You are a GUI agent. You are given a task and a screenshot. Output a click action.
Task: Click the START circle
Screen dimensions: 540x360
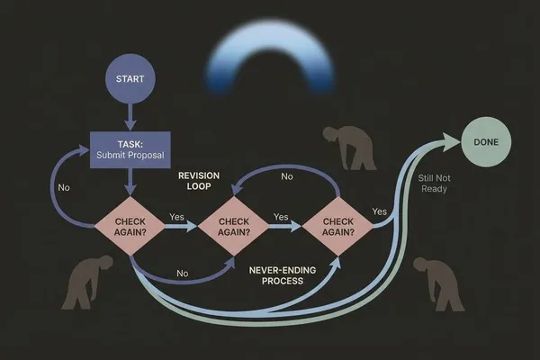click(130, 78)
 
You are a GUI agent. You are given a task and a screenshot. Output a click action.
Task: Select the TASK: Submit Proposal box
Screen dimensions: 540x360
click(130, 150)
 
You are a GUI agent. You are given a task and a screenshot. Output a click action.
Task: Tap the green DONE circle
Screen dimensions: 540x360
click(486, 142)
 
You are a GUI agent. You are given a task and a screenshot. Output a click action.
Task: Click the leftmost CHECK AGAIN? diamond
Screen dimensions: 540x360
click(130, 226)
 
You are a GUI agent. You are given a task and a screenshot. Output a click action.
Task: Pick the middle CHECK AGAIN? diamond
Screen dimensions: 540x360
click(234, 226)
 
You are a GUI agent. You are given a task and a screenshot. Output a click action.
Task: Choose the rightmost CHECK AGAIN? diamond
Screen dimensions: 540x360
click(337, 226)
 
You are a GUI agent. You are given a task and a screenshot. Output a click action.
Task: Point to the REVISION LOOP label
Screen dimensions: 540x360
click(199, 181)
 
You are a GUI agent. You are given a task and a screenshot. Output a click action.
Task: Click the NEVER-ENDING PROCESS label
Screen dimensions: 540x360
click(283, 275)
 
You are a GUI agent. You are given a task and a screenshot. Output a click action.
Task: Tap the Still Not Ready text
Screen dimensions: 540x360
click(434, 184)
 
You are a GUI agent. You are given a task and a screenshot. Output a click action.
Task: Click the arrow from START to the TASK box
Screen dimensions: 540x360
click(130, 117)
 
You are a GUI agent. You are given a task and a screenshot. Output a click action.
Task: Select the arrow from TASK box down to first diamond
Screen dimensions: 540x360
click(130, 182)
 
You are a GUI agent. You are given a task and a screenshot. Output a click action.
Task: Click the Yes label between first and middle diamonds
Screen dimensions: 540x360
click(176, 217)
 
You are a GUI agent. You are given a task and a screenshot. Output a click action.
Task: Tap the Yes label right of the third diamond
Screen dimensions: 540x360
click(380, 211)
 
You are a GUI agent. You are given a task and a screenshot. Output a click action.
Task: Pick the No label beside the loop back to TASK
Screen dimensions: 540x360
click(64, 188)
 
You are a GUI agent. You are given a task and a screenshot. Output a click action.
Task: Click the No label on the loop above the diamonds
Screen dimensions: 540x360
click(287, 176)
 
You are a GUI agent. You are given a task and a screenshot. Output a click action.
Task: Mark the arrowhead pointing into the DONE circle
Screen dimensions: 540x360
click(451, 141)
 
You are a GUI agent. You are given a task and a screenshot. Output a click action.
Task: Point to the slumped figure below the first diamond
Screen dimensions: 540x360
click(86, 281)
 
